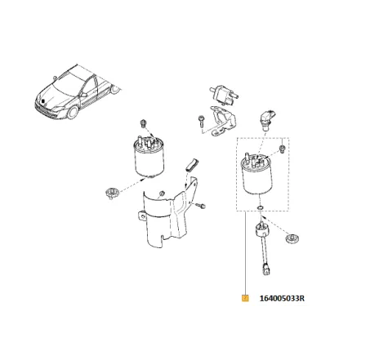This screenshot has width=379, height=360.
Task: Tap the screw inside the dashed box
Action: click(x=281, y=149)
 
